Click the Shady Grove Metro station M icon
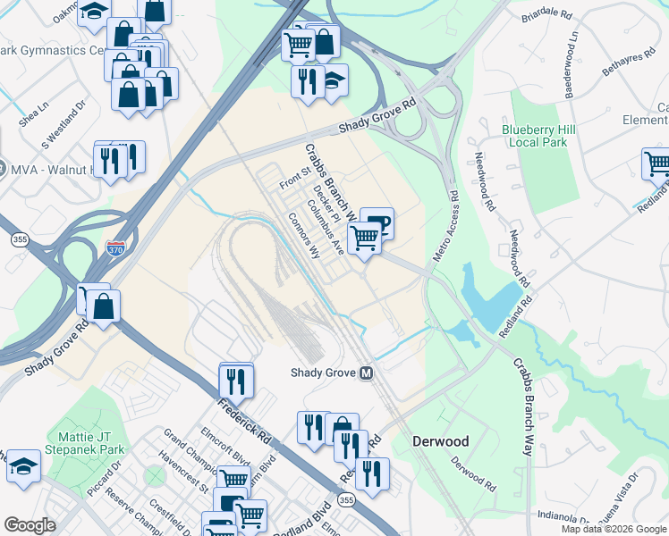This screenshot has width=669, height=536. tap(366, 373)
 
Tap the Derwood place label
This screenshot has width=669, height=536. tap(439, 441)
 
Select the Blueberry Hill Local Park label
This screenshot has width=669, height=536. tap(538, 136)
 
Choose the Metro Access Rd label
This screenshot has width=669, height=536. tap(443, 226)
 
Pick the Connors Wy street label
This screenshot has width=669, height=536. tap(303, 235)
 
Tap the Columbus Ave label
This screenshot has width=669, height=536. tap(326, 228)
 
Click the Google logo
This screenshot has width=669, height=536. tap(30, 525)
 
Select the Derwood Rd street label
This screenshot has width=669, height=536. tap(472, 475)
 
